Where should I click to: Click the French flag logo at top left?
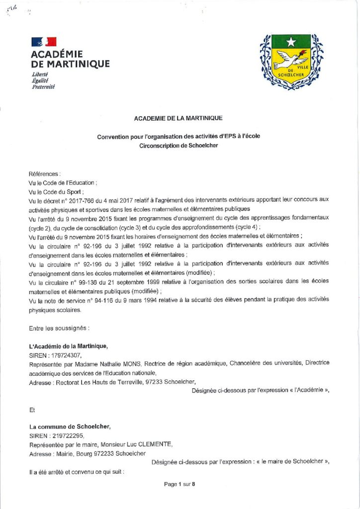pos(44,42)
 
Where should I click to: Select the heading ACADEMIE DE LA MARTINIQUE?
pos(179,118)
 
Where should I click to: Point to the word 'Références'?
pos(45,174)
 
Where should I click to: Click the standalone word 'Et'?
pos(33,410)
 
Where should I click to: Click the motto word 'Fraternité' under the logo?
pos(43,87)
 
